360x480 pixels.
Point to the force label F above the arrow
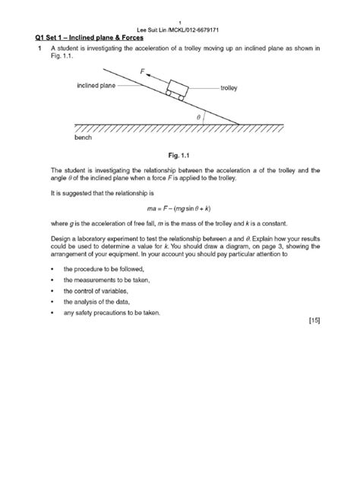click(141, 70)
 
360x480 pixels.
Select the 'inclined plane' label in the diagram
click(96, 86)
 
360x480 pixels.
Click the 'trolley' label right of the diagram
click(229, 88)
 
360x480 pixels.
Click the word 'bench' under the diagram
click(83, 139)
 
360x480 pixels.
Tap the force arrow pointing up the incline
click(156, 79)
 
